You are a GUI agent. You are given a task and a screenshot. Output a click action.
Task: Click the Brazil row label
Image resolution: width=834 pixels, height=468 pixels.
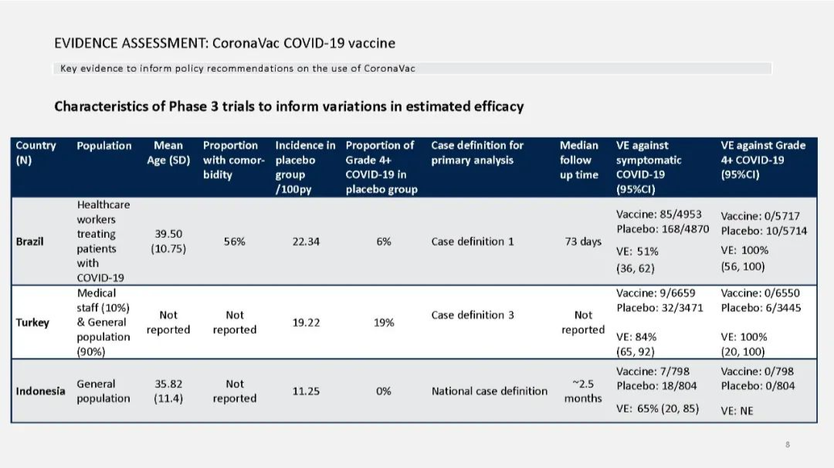click(29, 242)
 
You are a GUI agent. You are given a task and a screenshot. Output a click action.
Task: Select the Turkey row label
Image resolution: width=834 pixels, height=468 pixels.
click(32, 323)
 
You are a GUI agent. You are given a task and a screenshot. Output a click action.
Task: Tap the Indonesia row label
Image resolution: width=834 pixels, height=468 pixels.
click(40, 391)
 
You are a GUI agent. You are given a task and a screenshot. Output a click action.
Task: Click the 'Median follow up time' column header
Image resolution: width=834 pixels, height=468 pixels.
click(579, 160)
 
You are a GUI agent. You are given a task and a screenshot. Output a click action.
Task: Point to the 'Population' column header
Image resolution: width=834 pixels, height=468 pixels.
click(104, 145)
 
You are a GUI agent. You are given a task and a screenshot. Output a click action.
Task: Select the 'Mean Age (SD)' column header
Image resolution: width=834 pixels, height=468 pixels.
click(168, 153)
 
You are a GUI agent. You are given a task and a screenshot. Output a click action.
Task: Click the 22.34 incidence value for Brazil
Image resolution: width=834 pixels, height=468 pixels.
click(306, 242)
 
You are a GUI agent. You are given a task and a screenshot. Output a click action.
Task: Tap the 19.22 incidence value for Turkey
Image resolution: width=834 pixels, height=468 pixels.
click(306, 323)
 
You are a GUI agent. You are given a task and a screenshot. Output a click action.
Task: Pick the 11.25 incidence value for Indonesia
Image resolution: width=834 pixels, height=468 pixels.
click(306, 391)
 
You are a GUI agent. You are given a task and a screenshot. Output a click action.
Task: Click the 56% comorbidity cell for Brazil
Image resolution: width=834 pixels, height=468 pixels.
click(235, 242)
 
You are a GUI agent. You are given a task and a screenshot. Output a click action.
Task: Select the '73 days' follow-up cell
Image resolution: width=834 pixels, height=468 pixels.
click(583, 242)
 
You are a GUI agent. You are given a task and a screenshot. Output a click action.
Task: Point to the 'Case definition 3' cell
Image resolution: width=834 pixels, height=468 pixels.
click(473, 315)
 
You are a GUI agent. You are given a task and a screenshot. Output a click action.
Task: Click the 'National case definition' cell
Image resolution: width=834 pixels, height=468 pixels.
click(490, 391)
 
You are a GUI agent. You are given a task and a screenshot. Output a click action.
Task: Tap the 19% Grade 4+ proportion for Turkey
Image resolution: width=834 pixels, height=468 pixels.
click(384, 323)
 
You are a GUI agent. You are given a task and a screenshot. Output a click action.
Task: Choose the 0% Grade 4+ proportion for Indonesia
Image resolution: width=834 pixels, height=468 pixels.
click(384, 391)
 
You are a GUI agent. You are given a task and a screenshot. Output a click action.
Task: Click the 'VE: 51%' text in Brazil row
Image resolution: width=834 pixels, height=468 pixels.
click(637, 252)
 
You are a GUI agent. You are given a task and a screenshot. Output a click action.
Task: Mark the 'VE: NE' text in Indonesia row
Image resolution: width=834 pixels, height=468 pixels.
click(737, 411)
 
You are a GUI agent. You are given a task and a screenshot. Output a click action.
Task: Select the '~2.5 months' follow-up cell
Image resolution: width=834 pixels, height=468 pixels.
click(583, 391)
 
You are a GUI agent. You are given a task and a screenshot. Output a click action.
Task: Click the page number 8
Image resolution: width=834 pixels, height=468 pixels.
click(787, 445)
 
